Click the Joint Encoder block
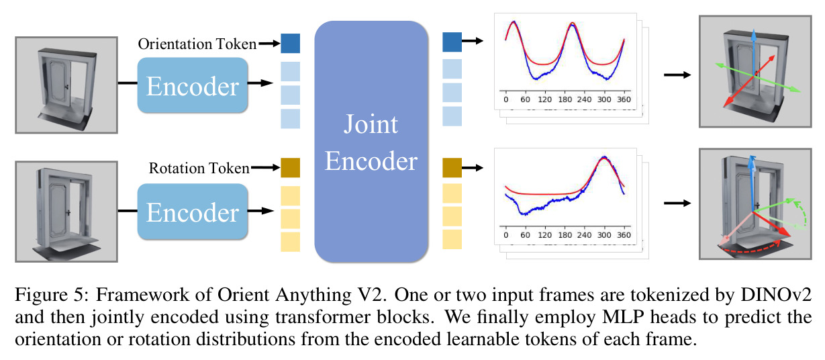(371, 142)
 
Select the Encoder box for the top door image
(193, 85)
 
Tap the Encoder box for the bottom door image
(193, 212)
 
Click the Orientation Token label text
(197, 44)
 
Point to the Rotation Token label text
(199, 168)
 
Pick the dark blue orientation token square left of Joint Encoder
(290, 44)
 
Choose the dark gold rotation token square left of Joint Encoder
(290, 168)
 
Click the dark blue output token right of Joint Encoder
(452, 42)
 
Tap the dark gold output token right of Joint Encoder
(452, 168)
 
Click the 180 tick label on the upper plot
(565, 99)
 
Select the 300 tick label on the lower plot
(604, 235)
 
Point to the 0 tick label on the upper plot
(505, 99)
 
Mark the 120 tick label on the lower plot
(544, 235)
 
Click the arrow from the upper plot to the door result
(677, 75)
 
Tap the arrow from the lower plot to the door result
(677, 203)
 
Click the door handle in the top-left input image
(66, 87)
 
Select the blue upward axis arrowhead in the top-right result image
(754, 35)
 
